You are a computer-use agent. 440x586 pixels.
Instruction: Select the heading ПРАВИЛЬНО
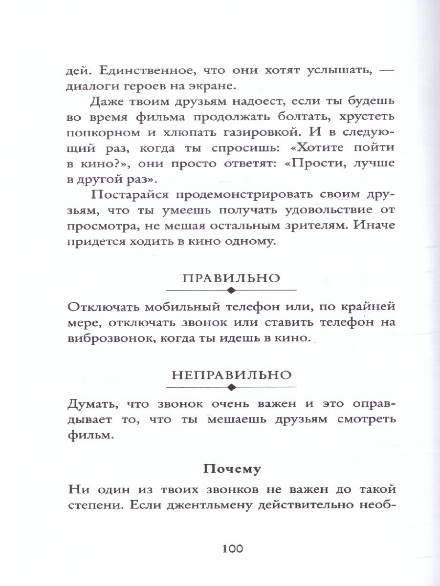tap(231, 278)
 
